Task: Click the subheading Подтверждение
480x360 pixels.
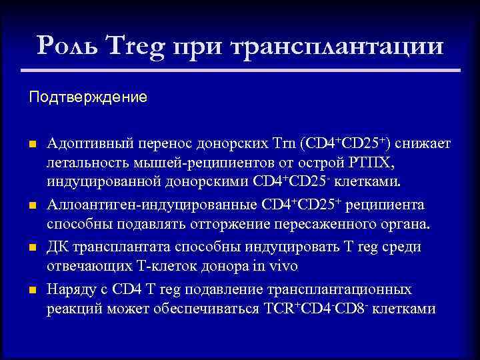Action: [87, 97]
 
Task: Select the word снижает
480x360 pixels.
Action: [422, 143]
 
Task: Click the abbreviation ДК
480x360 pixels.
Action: [57, 247]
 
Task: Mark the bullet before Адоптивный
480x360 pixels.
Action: [32, 144]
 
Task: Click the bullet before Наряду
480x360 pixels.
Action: [32, 290]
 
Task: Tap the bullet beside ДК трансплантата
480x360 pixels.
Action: [32, 247]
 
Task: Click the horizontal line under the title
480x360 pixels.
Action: [240, 69]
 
